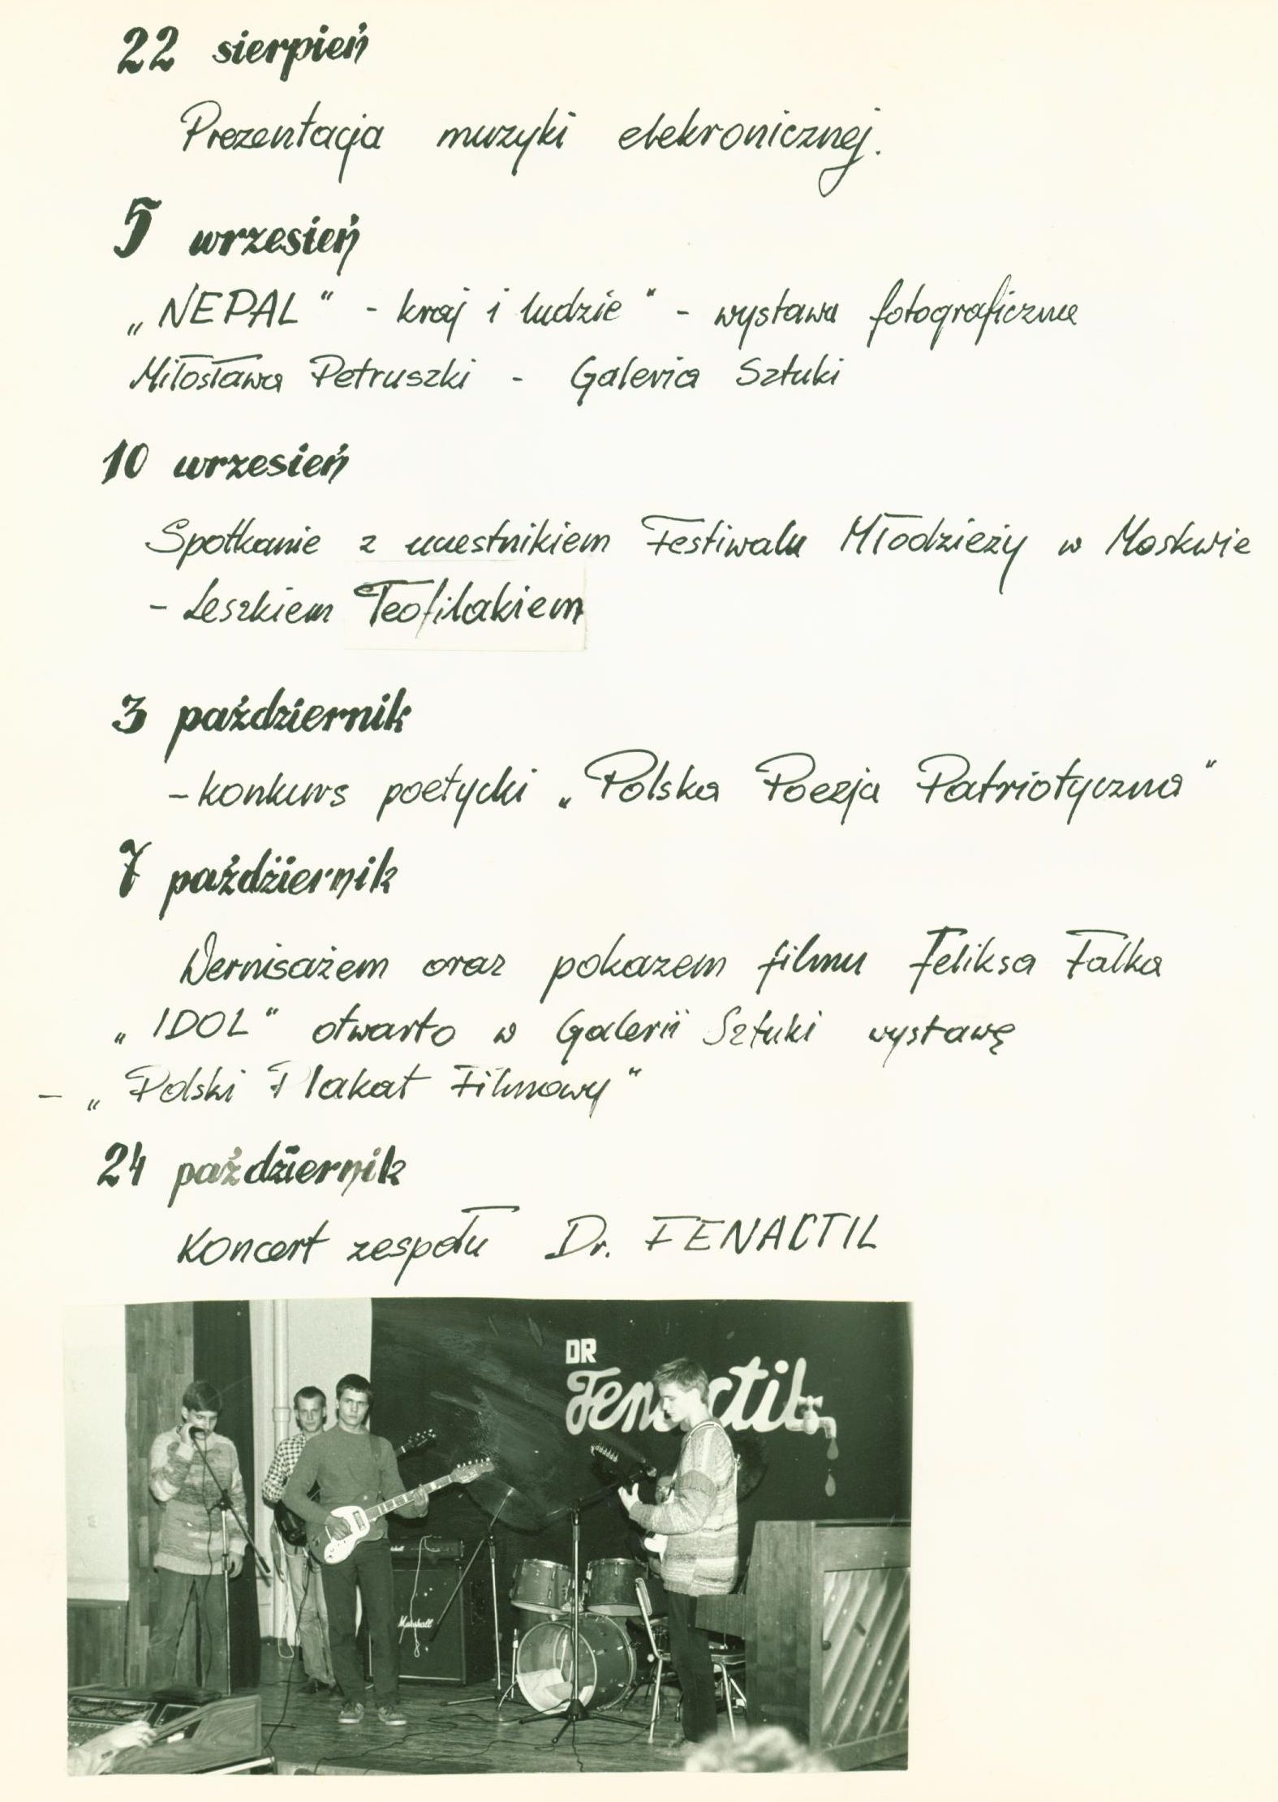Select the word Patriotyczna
(x=1056, y=786)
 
